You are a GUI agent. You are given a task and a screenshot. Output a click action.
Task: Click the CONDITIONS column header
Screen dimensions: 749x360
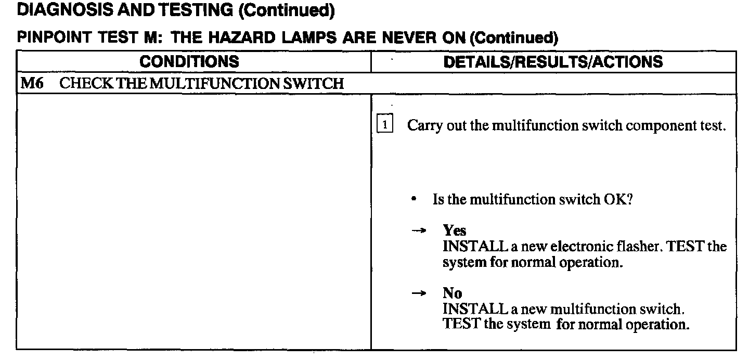click(x=189, y=62)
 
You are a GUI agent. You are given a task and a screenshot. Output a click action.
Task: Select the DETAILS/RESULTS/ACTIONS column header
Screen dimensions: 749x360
click(x=553, y=62)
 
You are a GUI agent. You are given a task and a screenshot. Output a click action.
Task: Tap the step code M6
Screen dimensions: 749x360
click(x=31, y=84)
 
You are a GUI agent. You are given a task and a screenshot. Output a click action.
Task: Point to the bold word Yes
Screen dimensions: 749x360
click(x=454, y=231)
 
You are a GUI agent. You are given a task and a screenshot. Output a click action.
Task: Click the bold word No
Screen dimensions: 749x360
click(x=452, y=293)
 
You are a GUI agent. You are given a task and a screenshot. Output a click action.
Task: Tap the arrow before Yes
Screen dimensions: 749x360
click(x=419, y=231)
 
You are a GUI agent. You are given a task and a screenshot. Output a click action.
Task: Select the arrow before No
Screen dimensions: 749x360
click(x=419, y=293)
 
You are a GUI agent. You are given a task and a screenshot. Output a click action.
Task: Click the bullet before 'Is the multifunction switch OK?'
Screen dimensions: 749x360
click(x=413, y=200)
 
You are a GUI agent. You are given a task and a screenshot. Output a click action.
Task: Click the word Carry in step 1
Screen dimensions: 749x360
click(x=422, y=126)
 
